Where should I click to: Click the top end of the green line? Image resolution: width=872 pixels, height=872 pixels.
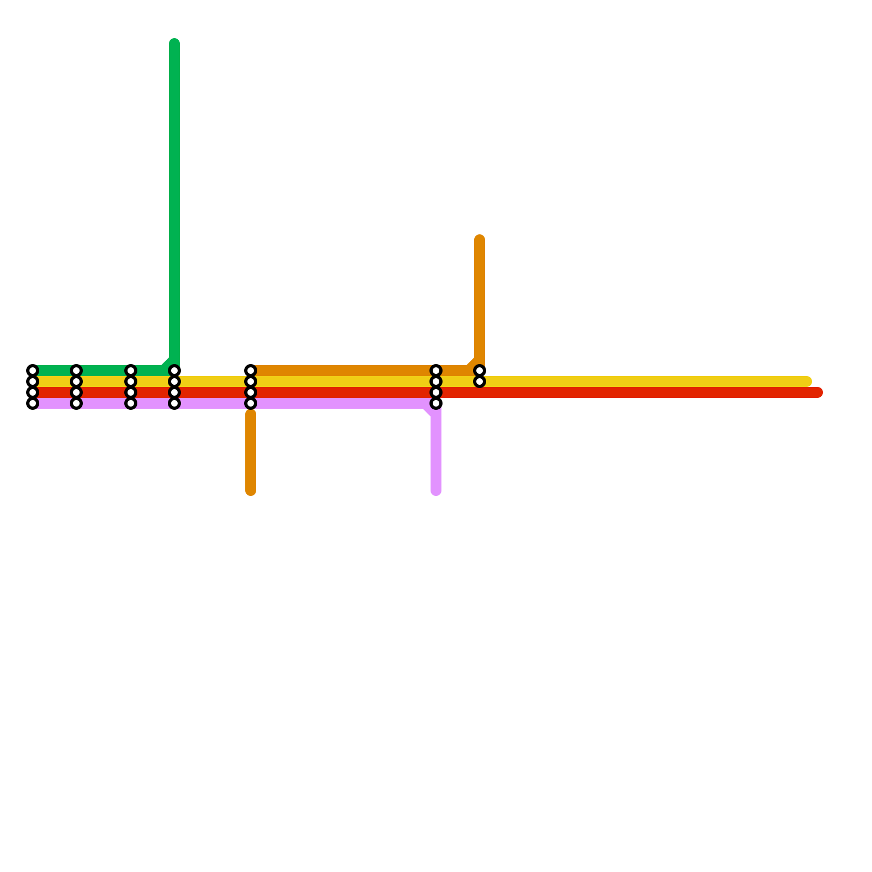(174, 44)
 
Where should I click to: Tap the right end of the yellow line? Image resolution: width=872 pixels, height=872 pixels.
(807, 381)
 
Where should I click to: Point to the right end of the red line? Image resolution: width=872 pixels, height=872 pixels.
(818, 392)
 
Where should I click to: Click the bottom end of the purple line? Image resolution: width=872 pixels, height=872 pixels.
(436, 491)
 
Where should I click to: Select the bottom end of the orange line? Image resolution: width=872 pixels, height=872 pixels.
(251, 491)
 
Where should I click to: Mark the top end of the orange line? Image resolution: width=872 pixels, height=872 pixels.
(480, 240)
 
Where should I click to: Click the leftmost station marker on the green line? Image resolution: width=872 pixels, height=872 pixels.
(33, 371)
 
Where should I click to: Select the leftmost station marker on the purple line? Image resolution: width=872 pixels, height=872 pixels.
(33, 403)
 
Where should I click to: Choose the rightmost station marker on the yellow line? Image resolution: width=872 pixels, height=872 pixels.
(480, 381)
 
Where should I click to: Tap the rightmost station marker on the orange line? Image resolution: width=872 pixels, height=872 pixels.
(480, 371)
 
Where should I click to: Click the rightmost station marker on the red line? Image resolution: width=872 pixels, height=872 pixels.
(436, 392)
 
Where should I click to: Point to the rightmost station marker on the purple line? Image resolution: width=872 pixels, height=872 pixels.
(436, 403)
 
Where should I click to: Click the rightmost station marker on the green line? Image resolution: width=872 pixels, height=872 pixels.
(174, 371)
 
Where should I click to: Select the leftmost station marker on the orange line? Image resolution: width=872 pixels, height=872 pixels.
(251, 371)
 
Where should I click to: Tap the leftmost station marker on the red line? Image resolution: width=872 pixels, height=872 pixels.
(33, 392)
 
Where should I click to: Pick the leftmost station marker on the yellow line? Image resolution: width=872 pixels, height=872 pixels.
(33, 381)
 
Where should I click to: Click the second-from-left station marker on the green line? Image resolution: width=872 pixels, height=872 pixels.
(76, 371)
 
